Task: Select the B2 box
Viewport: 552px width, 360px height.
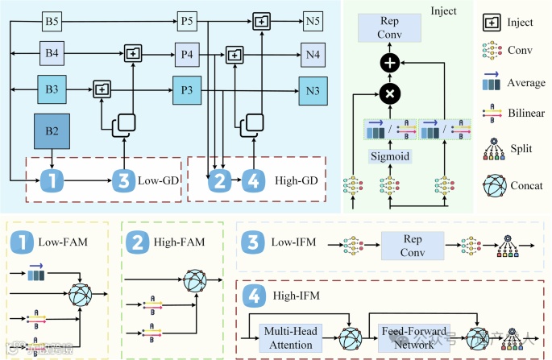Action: [x=52, y=131]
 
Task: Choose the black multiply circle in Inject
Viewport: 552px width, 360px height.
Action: [x=390, y=93]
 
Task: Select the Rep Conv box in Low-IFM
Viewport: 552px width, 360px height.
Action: [x=412, y=244]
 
